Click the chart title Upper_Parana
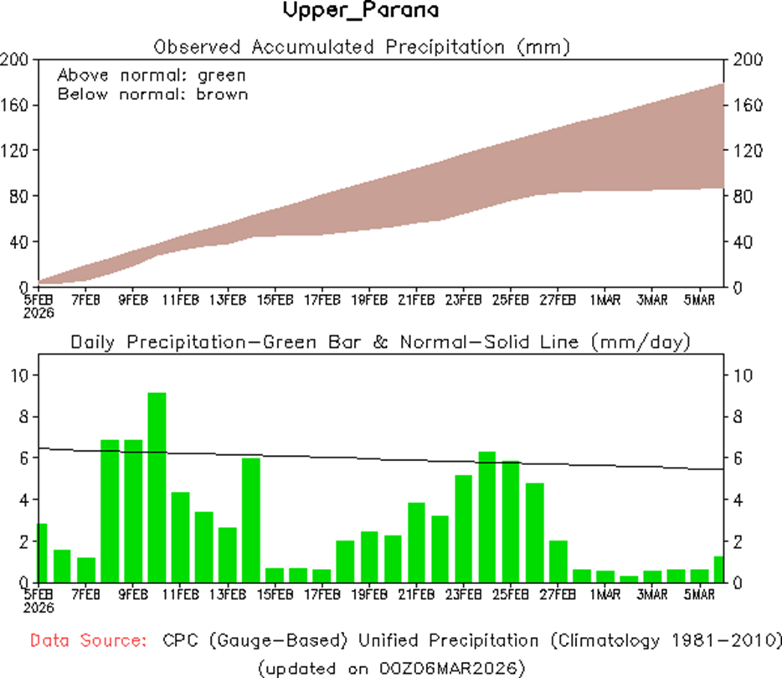[x=361, y=12]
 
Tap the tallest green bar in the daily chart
[x=157, y=486]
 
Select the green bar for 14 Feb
[x=251, y=520]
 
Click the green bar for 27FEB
[x=558, y=561]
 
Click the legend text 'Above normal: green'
[x=152, y=75]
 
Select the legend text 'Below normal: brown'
[x=152, y=93]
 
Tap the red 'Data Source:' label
[x=86, y=641]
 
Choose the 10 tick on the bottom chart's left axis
[x=18, y=375]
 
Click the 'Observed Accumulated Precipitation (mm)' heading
[x=362, y=47]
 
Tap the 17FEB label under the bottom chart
[x=322, y=594]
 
